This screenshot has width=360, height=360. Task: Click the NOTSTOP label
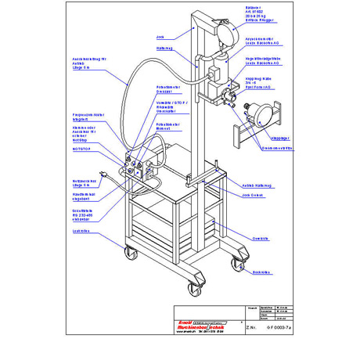(x=81, y=148)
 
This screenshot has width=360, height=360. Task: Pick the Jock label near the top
(x=160, y=37)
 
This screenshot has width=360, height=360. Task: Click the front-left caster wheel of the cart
(x=128, y=253)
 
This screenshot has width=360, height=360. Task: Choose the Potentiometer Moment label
(x=169, y=127)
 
